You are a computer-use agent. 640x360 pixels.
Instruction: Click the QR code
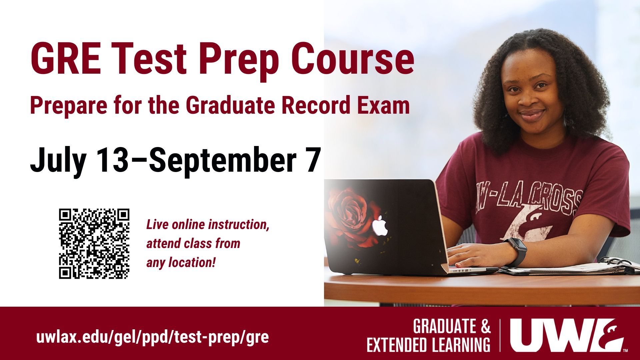pyautogui.click(x=94, y=244)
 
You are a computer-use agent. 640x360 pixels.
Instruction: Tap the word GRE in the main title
pyautogui.click(x=66, y=60)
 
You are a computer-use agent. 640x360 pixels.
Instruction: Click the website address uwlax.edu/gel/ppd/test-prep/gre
pyautogui.click(x=152, y=338)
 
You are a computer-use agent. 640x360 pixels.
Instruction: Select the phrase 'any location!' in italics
pyautogui.click(x=180, y=263)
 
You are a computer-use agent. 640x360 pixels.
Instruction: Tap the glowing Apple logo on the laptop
pyautogui.click(x=381, y=225)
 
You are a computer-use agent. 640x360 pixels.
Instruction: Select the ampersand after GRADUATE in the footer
pyautogui.click(x=485, y=327)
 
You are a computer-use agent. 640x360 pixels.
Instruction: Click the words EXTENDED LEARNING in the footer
pyautogui.click(x=429, y=345)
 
